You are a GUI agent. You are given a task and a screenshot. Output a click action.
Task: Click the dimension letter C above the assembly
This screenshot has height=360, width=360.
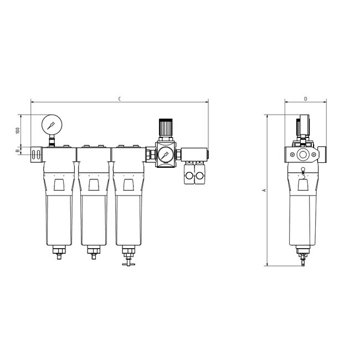pyautogui.click(x=120, y=99)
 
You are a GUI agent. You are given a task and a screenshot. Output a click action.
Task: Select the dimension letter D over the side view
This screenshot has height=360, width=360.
pyautogui.click(x=305, y=99)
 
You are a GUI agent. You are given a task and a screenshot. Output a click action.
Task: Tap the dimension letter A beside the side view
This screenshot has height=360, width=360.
pyautogui.click(x=264, y=190)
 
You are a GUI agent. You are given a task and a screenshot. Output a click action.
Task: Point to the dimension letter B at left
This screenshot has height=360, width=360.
pyautogui.click(x=17, y=150)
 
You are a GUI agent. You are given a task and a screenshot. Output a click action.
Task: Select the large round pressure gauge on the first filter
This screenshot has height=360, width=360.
pyautogui.click(x=52, y=124)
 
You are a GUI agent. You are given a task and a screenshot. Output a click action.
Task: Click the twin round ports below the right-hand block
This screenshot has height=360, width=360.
pyautogui.click(x=195, y=176)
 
